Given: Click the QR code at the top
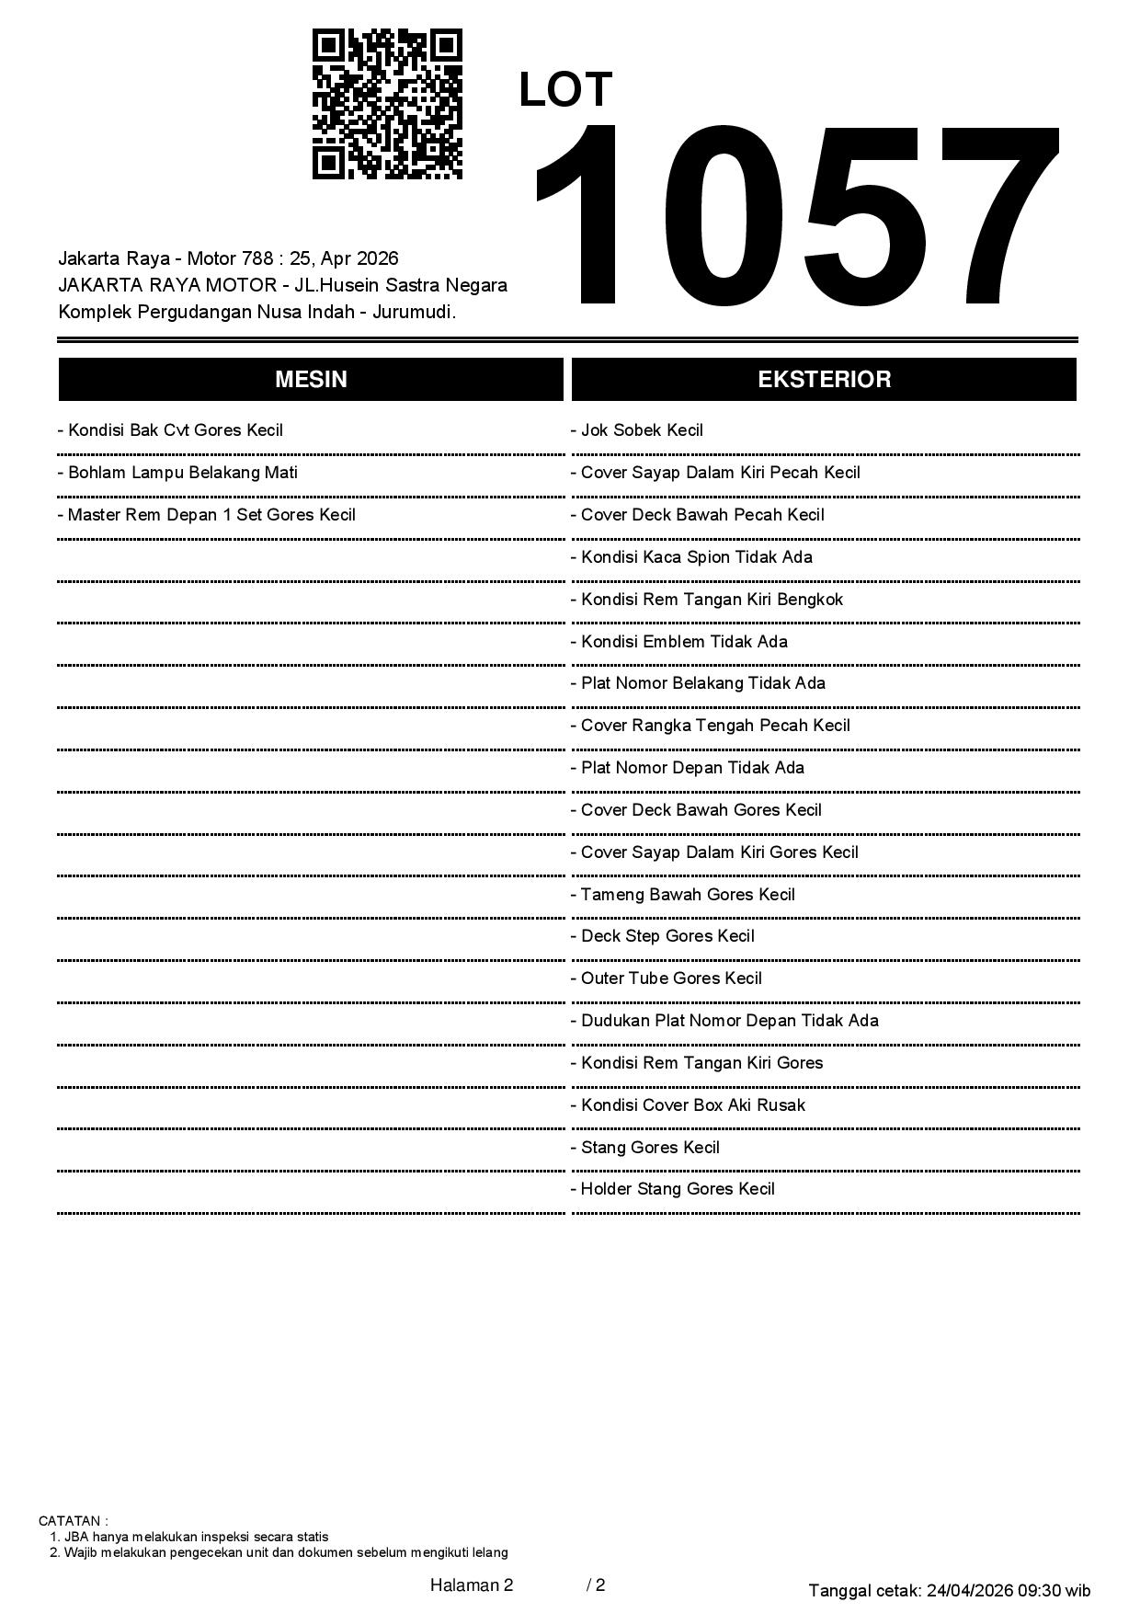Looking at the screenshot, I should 387,104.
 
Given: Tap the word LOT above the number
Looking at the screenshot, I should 565,90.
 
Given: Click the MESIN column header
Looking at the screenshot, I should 311,380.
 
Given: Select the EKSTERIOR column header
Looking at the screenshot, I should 824,380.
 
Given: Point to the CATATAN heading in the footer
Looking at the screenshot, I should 73,1521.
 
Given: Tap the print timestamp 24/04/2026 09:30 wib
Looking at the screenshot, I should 1009,1590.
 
